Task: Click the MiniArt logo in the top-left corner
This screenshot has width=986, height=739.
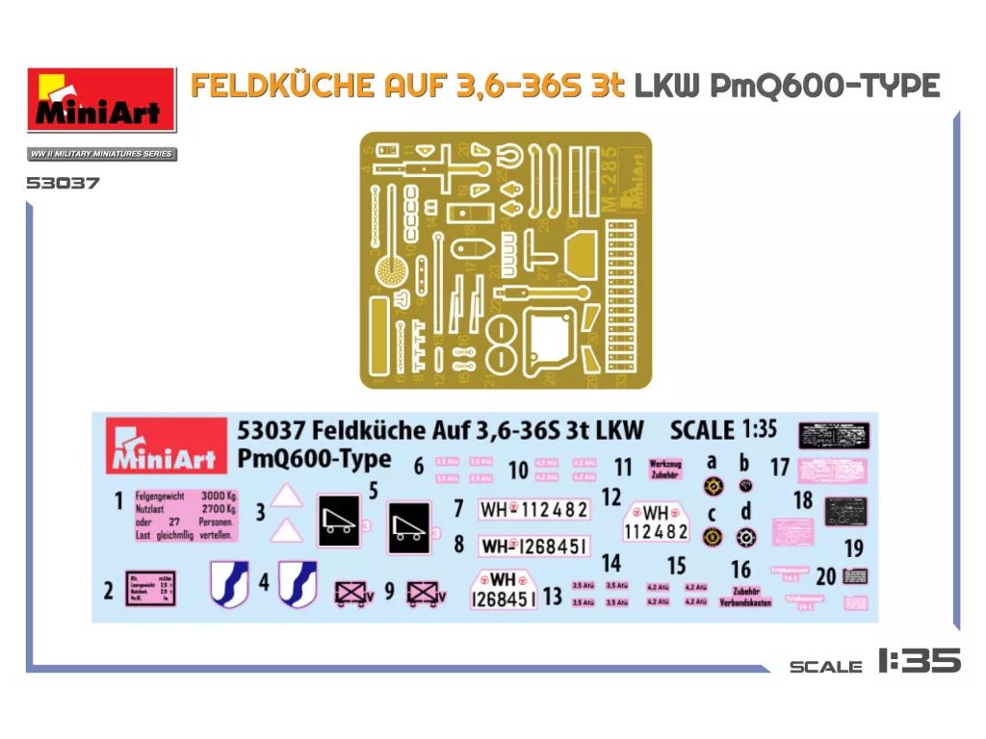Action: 101,100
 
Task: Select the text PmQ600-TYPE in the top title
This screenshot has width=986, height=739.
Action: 823,87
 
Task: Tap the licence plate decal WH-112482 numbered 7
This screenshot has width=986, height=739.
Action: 533,509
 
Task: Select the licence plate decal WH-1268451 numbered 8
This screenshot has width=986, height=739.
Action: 533,547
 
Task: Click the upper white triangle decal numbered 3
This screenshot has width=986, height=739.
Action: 287,497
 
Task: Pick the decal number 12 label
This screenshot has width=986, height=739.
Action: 611,497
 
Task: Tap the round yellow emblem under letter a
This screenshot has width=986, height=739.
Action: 712,487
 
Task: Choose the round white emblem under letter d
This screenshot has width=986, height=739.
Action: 745,537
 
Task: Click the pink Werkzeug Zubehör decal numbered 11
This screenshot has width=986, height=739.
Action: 665,469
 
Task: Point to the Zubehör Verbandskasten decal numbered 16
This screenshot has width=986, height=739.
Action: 745,597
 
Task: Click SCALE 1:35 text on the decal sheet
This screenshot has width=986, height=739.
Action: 723,429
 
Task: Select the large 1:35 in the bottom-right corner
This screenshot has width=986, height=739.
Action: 919,661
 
